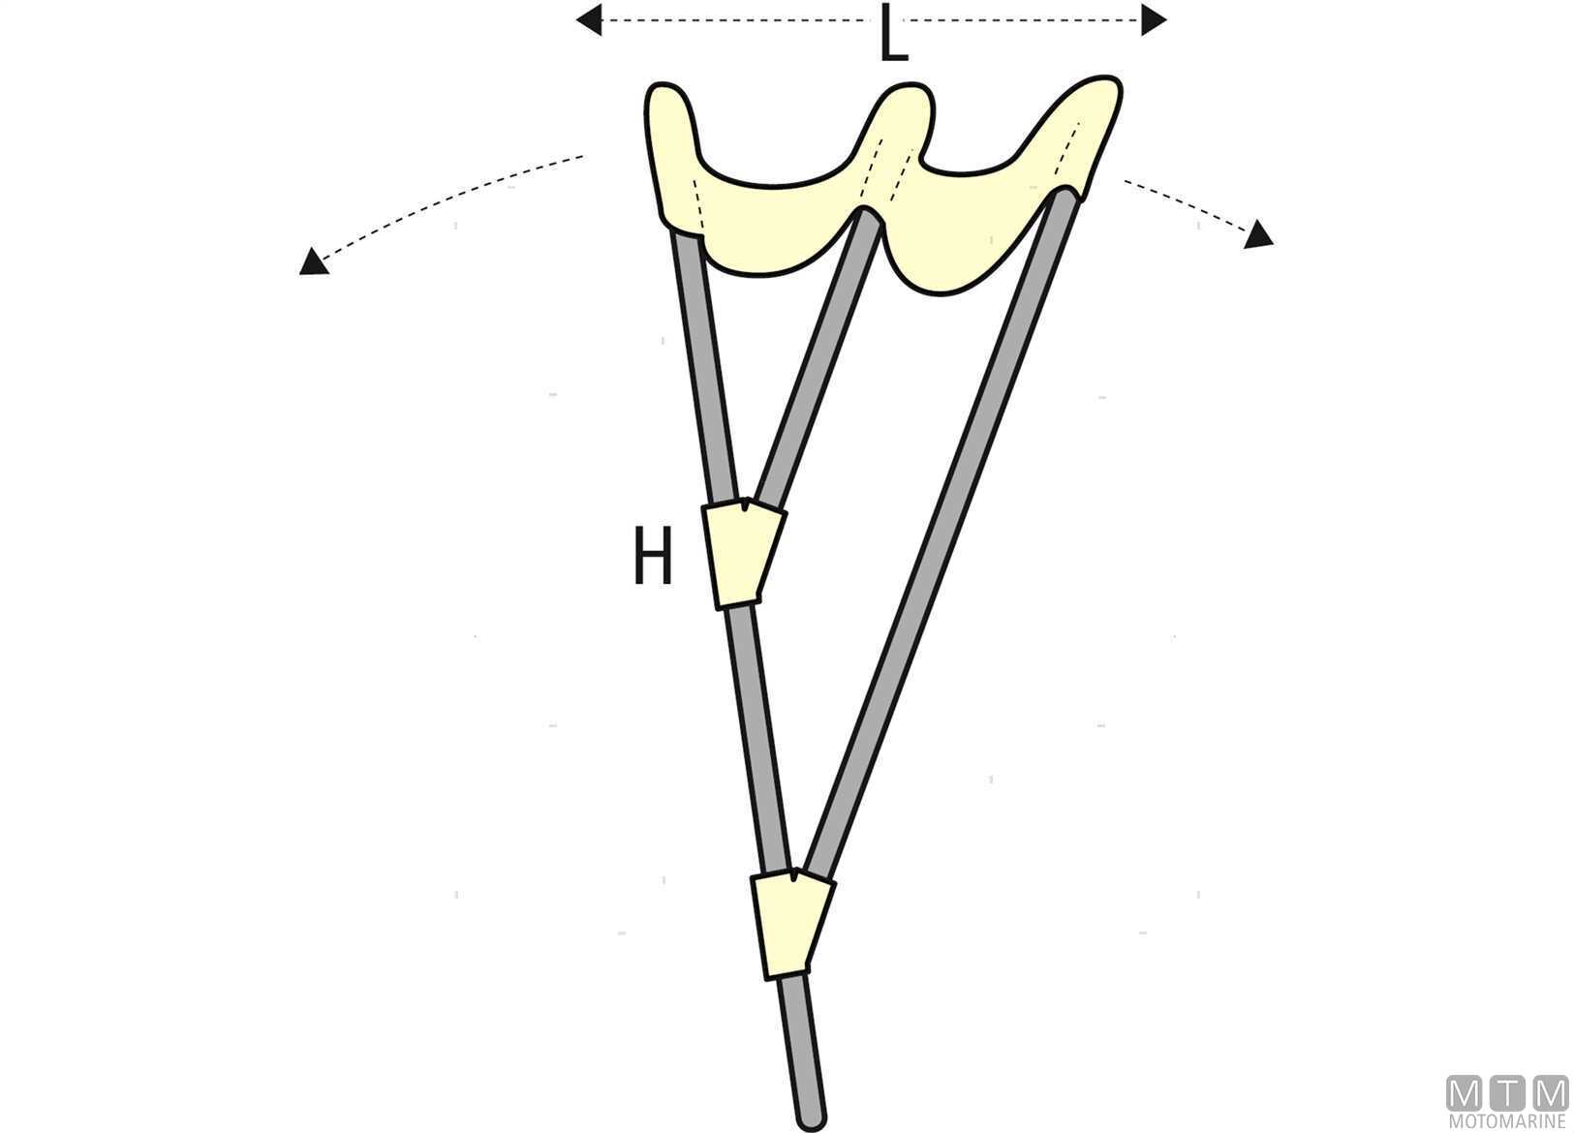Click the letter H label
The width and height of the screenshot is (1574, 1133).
tap(653, 557)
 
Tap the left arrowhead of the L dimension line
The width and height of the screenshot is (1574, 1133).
tap(588, 19)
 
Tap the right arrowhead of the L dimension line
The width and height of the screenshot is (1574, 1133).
tap(1154, 19)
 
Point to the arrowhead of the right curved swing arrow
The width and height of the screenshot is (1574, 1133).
tap(1259, 234)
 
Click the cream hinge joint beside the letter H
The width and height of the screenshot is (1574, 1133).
tap(744, 554)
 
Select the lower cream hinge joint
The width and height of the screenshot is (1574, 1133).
tap(792, 925)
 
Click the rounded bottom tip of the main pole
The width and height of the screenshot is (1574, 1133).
tap(812, 1120)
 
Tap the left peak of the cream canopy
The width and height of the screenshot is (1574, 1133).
tap(664, 88)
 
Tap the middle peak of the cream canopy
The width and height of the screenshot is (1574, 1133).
tap(909, 88)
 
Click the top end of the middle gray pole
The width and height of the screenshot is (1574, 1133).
tap(868, 214)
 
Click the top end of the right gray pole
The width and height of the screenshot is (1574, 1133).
tap(1065, 195)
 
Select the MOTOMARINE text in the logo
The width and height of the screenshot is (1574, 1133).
tap(1506, 1122)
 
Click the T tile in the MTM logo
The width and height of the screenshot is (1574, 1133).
tap(1507, 1095)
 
